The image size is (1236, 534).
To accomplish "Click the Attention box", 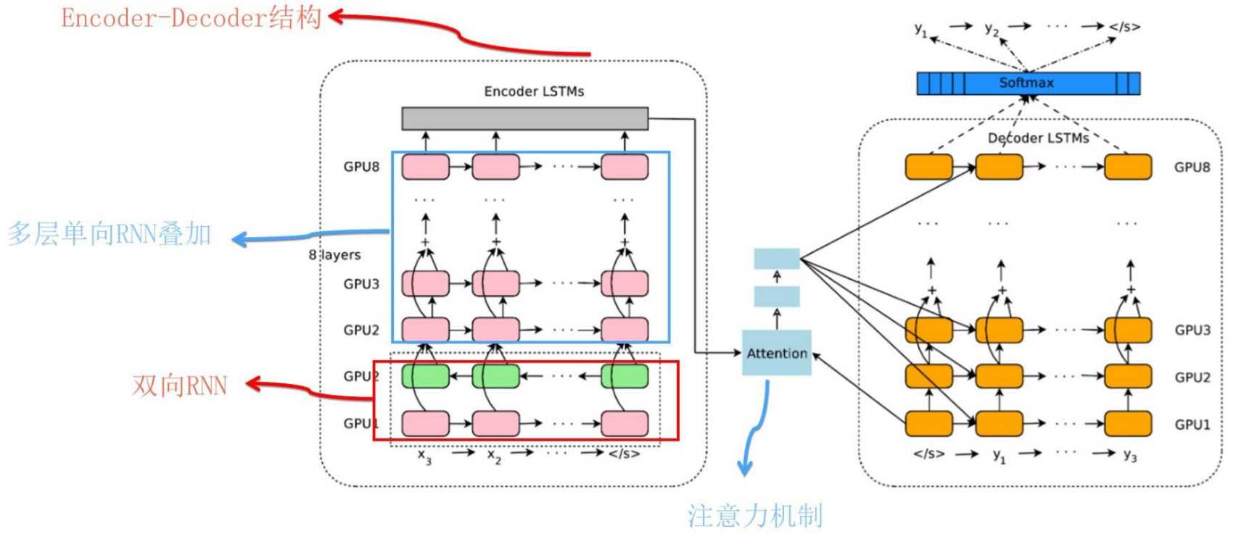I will point(776,353).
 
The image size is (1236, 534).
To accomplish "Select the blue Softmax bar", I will point(1028,83).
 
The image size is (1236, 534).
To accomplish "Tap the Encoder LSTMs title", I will point(534,91).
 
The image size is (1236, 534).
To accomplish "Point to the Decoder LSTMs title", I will point(1038,138).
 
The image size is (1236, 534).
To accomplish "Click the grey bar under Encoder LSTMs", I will point(524,119).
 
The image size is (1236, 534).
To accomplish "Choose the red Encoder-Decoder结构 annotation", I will point(191,18).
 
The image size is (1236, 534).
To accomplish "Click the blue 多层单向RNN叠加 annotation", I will point(110,234).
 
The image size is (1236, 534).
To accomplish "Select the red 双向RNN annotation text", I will point(180,385).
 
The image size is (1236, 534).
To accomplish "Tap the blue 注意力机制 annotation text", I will point(755,516).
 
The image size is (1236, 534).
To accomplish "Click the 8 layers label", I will point(334,255).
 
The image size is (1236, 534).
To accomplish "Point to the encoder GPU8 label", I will point(361,167).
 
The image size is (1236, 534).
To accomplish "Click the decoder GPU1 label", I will point(1192,425).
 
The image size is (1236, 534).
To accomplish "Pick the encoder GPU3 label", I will point(361,284).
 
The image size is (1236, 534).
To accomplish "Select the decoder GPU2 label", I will point(1192,377).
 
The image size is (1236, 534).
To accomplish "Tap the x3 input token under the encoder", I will point(424,456).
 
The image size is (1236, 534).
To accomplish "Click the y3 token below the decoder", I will point(1129,455).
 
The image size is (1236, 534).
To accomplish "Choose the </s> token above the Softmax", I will point(1124,27).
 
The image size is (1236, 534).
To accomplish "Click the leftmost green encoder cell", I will point(425,376).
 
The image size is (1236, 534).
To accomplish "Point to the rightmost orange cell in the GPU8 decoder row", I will point(1127,167).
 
